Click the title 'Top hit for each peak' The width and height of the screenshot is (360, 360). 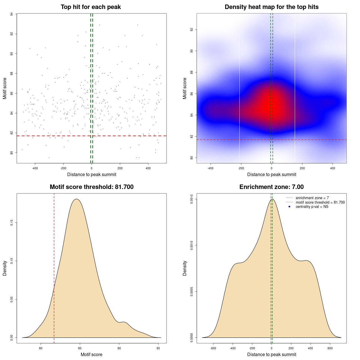click(x=91, y=7)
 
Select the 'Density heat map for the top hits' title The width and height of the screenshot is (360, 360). click(x=271, y=7)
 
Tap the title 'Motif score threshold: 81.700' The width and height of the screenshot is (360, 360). click(x=91, y=187)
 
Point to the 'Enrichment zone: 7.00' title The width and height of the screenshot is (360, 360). click(x=271, y=187)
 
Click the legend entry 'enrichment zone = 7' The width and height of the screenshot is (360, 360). click(x=312, y=198)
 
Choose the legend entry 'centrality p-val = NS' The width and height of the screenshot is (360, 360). click(x=312, y=207)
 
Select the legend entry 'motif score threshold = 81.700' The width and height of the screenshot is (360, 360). click(x=320, y=202)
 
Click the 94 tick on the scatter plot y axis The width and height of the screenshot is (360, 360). click(x=12, y=14)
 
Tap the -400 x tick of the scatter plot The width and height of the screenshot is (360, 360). click(x=35, y=168)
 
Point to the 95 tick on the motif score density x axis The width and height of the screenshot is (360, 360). click(x=158, y=348)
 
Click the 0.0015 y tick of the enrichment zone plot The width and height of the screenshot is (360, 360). click(x=192, y=199)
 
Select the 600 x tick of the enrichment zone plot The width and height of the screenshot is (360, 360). click(x=330, y=348)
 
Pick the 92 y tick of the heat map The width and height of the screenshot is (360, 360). click(x=192, y=30)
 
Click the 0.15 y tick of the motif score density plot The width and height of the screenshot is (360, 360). click(x=12, y=223)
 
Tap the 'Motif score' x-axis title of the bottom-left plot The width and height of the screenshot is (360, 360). click(x=91, y=354)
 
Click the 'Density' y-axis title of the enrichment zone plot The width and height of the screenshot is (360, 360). click(x=185, y=268)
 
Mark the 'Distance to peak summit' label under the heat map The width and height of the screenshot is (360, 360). click(x=271, y=174)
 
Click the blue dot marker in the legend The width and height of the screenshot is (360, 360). click(x=289, y=207)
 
